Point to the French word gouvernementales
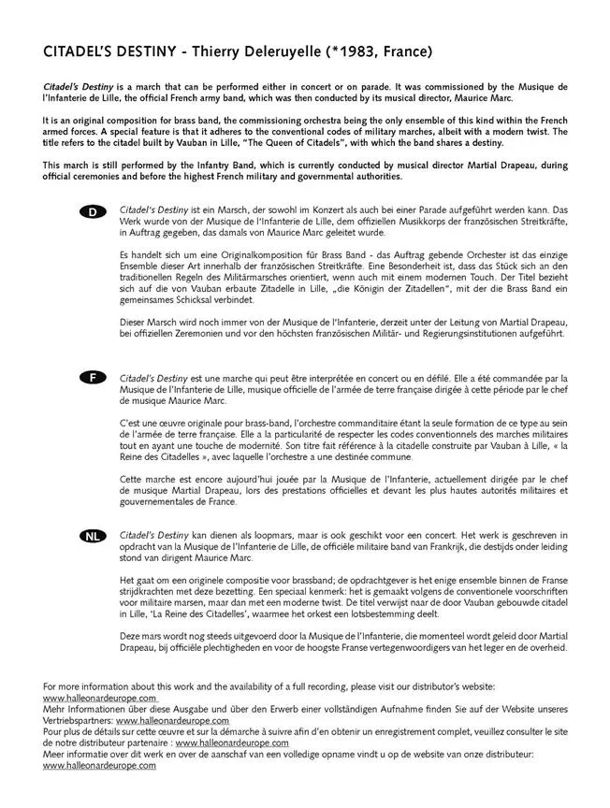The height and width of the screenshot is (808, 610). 164,500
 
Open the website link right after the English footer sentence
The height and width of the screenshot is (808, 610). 99,698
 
